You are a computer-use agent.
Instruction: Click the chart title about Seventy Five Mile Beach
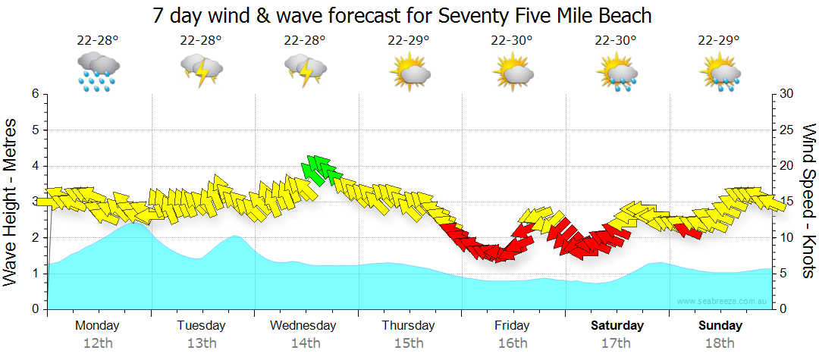point(402,15)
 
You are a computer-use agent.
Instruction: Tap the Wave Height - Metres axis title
point(11,201)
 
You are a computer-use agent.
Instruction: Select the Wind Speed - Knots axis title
point(808,201)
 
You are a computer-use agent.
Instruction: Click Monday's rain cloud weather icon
point(98,71)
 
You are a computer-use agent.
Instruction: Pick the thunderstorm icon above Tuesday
point(201,71)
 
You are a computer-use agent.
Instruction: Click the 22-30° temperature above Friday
point(512,41)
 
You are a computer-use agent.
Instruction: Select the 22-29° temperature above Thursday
point(409,41)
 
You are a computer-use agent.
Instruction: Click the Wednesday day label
point(303,326)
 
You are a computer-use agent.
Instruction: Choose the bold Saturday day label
point(617,326)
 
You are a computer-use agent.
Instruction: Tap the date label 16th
point(513,343)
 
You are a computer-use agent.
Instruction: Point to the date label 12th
point(98,343)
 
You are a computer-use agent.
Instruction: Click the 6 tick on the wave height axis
point(35,94)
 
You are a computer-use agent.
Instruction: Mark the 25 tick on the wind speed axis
point(786,130)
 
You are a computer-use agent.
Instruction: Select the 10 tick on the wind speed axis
point(786,238)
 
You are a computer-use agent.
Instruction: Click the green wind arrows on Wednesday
point(320,169)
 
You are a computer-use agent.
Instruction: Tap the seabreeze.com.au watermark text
point(723,301)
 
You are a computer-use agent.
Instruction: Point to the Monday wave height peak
point(135,224)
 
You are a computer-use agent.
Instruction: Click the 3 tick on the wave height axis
point(35,202)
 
